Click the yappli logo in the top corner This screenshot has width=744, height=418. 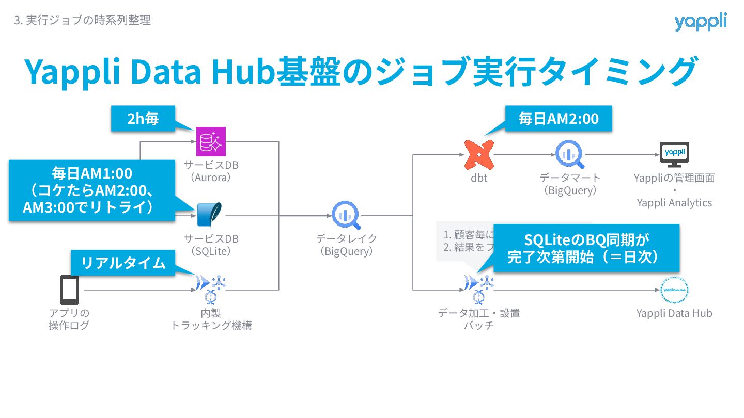[700, 22]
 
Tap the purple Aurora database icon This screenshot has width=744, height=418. [211, 141]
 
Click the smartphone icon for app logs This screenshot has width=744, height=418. [69, 290]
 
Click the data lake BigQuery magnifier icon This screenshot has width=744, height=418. [347, 216]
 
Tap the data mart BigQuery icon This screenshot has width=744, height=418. [569, 154]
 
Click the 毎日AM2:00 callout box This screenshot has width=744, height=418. [559, 119]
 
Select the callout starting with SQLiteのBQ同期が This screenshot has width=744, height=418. [586, 248]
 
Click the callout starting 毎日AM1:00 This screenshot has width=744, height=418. [91, 190]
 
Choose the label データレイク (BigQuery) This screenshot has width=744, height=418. [347, 245]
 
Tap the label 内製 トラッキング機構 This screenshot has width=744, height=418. [211, 319]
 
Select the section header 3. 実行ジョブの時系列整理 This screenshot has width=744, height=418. [83, 21]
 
